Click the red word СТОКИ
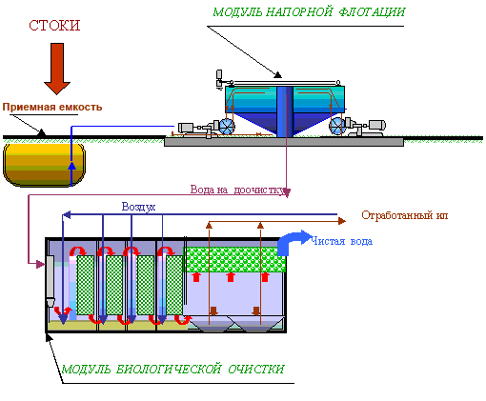54,26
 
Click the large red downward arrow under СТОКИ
57,69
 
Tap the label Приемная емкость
52,107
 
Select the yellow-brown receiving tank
44,165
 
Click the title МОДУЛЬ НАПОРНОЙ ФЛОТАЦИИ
309,12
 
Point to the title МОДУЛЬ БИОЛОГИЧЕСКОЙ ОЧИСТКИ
172,370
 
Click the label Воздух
138,207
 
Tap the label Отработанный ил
405,215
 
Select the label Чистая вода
341,241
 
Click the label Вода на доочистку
237,190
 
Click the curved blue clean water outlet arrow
293,241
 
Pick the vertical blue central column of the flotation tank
285,111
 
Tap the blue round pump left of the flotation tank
227,127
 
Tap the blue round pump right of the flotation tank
337,126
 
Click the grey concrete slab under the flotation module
284,142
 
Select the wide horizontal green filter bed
235,260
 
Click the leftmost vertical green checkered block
86,285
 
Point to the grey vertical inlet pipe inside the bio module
51,281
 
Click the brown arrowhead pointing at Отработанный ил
342,221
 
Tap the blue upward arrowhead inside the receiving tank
72,166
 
